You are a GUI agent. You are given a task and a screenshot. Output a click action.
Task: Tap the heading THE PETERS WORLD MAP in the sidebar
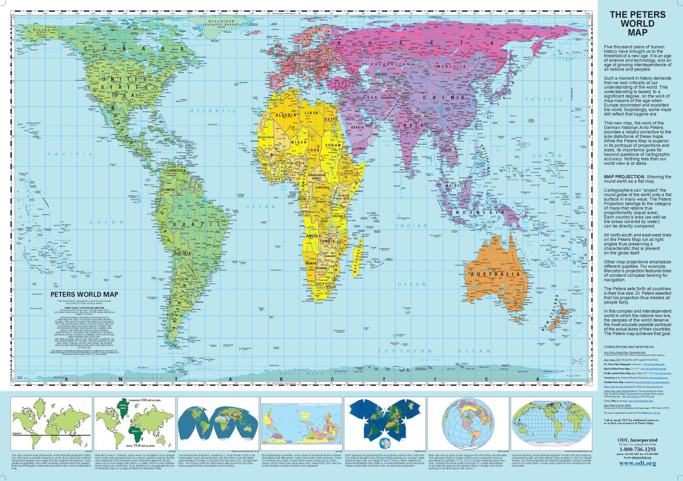637,24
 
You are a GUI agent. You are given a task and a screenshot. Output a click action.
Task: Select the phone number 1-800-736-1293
637,449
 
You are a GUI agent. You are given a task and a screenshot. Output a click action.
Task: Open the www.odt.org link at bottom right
637,463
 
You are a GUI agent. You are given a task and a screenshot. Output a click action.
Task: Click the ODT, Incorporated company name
637,440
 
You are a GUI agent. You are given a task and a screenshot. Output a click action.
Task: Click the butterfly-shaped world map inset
385,422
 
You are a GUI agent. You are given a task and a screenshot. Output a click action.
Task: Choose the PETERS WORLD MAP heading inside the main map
84,294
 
